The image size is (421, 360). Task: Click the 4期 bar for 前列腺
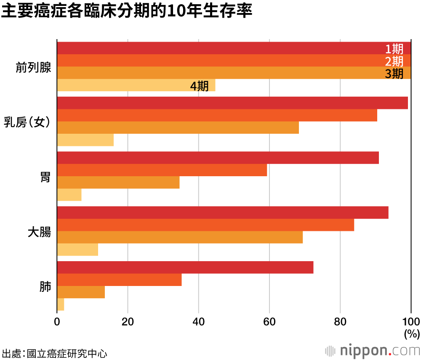[126, 85]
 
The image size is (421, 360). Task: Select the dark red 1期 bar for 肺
[185, 267]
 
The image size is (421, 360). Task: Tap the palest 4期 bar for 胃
[69, 195]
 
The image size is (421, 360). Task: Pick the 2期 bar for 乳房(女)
[217, 115]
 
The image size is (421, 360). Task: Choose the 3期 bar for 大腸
[180, 237]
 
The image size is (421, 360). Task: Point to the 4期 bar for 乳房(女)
[85, 140]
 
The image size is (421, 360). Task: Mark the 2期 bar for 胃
[162, 170]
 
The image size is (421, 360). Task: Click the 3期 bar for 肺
[81, 292]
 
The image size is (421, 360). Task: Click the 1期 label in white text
[394, 49]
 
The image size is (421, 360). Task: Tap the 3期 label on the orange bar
[394, 74]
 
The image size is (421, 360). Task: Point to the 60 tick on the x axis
[269, 322]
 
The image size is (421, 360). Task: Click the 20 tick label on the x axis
[128, 322]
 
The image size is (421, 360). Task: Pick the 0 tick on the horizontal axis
[57, 322]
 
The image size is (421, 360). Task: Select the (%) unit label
[412, 334]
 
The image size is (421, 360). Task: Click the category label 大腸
[39, 232]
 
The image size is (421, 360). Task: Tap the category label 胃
[45, 177]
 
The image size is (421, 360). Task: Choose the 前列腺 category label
[33, 67]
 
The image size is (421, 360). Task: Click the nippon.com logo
[372, 350]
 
